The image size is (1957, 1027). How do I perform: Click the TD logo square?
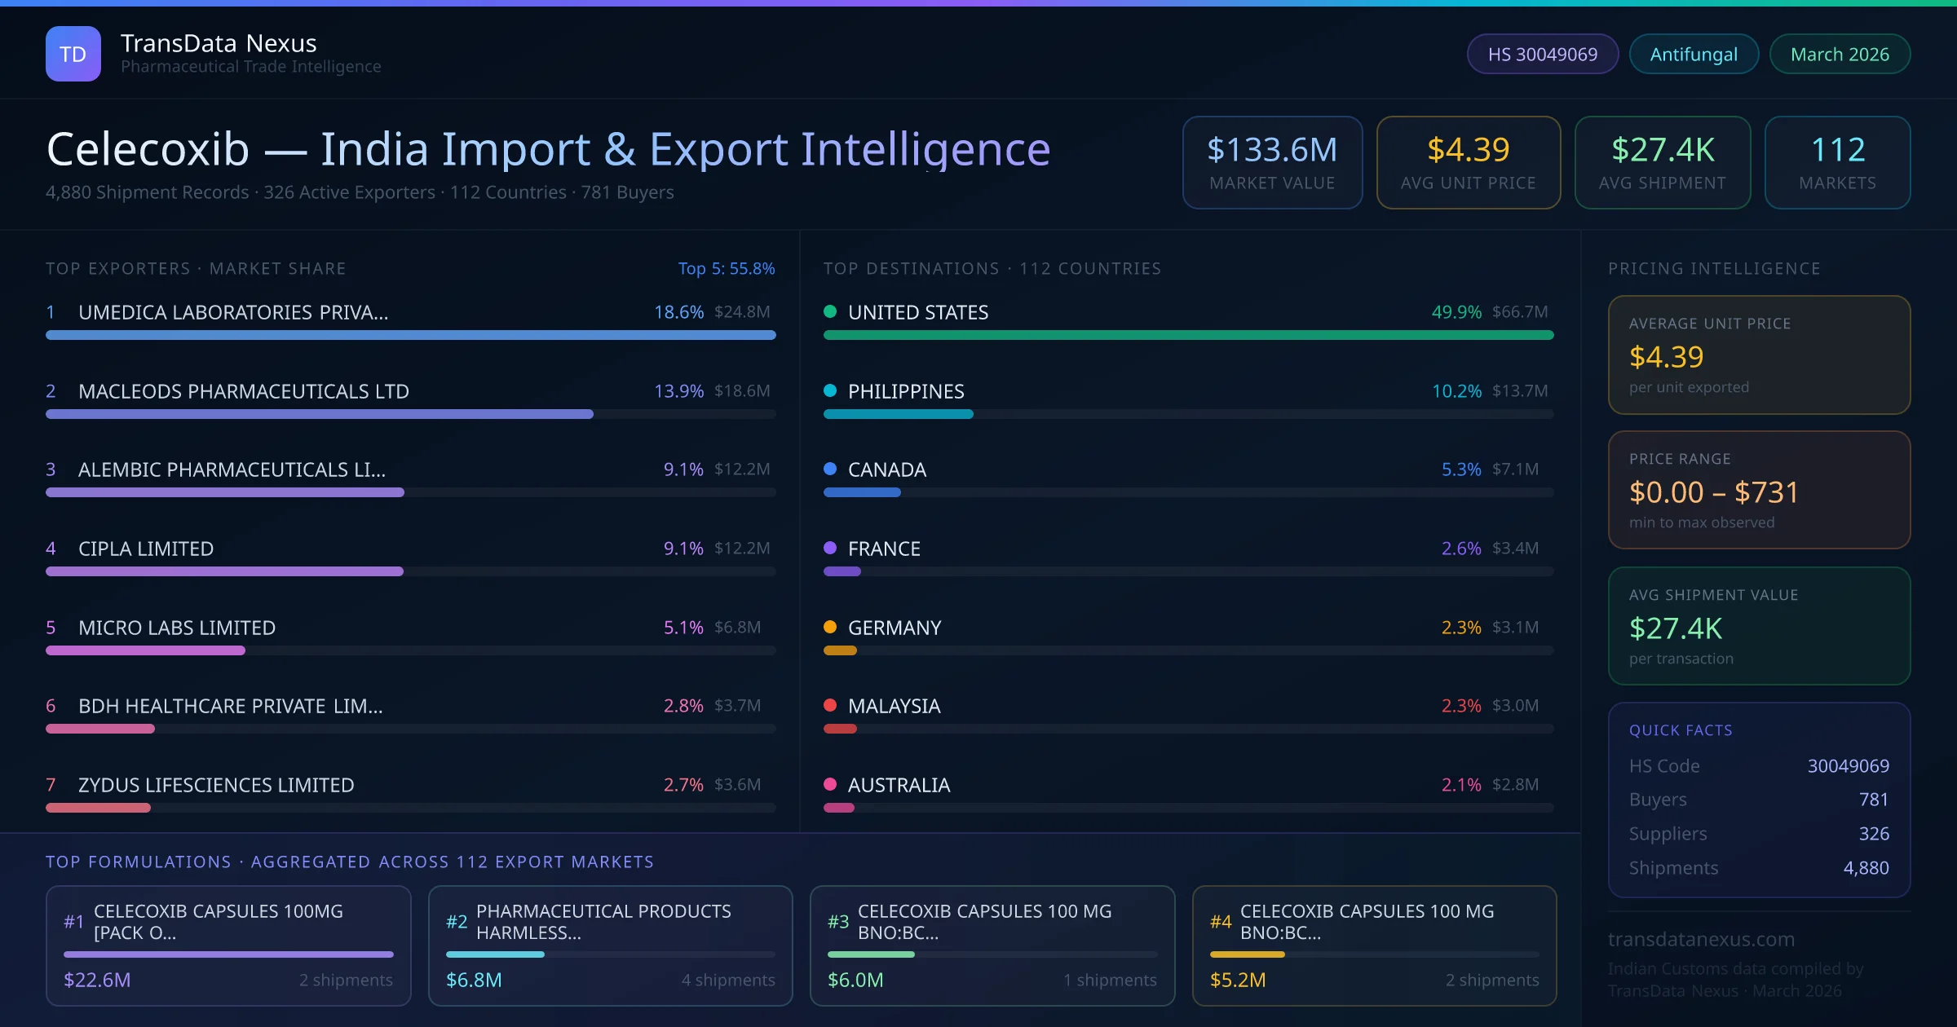pos(73,54)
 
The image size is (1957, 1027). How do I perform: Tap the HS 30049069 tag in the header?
pos(1542,54)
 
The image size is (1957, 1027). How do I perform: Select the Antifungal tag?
pos(1694,54)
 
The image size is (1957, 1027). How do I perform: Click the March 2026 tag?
pos(1840,54)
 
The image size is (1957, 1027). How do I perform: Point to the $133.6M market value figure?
pos(1272,150)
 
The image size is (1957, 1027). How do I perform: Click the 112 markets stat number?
pos(1837,150)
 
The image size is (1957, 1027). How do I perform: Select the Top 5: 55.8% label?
pos(726,268)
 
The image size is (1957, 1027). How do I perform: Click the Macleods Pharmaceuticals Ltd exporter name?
pos(244,391)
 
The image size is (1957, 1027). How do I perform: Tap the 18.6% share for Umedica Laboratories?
pos(678,312)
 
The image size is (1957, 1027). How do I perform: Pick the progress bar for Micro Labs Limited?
pos(145,650)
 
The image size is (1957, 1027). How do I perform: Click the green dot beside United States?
pos(830,311)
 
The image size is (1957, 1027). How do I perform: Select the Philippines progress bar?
pos(898,414)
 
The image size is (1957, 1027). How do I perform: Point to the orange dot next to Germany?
pos(830,627)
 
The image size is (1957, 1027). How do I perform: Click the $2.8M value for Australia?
pos(1515,785)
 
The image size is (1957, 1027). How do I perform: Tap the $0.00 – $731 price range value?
pos(1713,492)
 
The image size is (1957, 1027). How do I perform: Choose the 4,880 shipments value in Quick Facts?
pos(1866,868)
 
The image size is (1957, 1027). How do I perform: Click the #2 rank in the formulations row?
pos(457,922)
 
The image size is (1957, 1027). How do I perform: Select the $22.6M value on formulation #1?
pos(97,980)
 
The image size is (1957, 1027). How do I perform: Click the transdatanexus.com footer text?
pos(1701,939)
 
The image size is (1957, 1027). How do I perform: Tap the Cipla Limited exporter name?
pos(146,549)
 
